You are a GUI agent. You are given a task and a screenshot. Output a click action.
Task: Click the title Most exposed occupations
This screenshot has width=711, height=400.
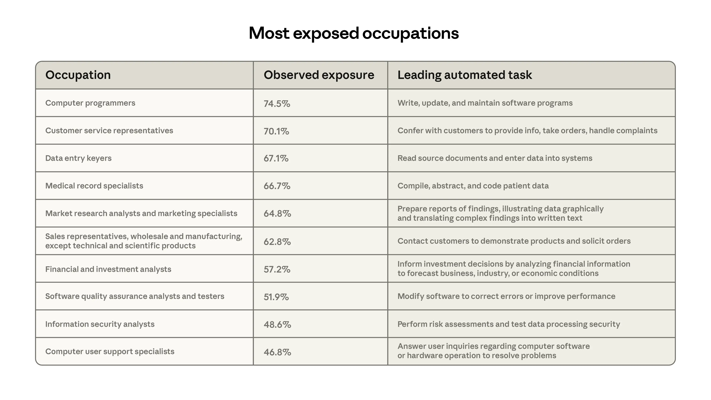pyautogui.click(x=354, y=33)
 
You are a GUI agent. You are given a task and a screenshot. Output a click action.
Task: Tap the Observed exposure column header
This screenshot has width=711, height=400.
pyautogui.click(x=319, y=75)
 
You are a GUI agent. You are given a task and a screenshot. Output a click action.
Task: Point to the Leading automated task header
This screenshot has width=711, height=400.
pyautogui.click(x=465, y=75)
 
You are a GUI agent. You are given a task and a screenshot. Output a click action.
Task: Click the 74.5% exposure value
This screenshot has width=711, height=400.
pyautogui.click(x=277, y=104)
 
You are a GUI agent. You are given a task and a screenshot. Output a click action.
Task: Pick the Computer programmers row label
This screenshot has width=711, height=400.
pyautogui.click(x=90, y=103)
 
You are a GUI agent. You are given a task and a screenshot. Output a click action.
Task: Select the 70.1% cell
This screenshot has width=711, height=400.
pyautogui.click(x=276, y=131)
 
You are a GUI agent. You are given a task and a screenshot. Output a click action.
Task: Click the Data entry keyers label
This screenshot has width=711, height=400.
pyautogui.click(x=78, y=158)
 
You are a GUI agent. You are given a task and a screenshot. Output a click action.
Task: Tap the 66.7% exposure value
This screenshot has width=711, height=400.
pyautogui.click(x=277, y=186)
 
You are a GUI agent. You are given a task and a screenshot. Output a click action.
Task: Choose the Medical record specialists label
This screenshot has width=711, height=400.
pyautogui.click(x=94, y=186)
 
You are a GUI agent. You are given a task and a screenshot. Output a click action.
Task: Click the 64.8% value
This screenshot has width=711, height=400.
pyautogui.click(x=277, y=214)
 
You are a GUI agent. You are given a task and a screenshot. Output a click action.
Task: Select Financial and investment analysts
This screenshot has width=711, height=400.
pyautogui.click(x=108, y=269)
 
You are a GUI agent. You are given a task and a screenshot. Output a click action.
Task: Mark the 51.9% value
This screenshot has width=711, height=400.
pyautogui.click(x=276, y=297)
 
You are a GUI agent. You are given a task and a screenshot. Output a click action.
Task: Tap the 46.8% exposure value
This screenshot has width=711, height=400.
pyautogui.click(x=277, y=352)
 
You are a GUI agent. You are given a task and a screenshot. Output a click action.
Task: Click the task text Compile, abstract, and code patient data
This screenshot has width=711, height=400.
pyautogui.click(x=473, y=186)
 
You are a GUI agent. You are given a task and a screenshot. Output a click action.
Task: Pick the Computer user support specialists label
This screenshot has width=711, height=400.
pyautogui.click(x=110, y=351)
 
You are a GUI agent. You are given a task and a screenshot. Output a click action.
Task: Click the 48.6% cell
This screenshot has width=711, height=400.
pyautogui.click(x=277, y=324)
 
